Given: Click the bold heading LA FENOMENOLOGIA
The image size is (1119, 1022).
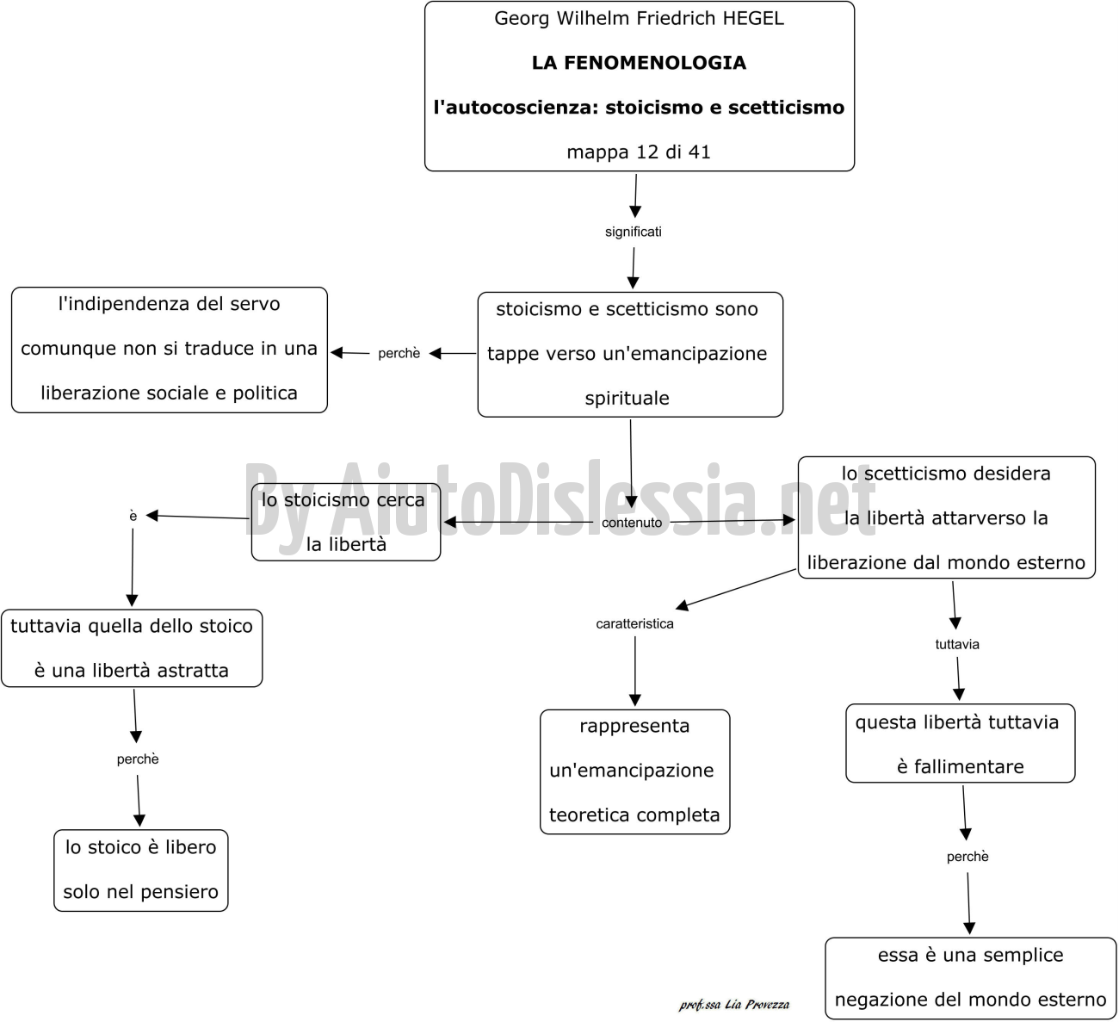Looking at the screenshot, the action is tap(639, 63).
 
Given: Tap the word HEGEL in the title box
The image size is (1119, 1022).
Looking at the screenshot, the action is tap(753, 18).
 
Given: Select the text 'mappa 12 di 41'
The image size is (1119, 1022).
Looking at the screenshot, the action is tap(639, 152).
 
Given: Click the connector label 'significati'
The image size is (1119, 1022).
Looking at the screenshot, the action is tap(634, 232).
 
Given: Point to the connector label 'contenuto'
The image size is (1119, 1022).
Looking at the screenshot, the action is tap(632, 523).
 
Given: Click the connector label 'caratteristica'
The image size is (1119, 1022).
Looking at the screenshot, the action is tap(634, 623).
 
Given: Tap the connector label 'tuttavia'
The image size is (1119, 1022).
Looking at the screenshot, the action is tap(957, 644).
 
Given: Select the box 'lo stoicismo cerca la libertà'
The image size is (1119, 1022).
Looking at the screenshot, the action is tap(346, 522).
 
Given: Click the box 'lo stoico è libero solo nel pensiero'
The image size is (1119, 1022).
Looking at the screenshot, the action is tap(141, 870).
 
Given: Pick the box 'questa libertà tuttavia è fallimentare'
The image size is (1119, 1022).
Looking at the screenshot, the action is tap(960, 744).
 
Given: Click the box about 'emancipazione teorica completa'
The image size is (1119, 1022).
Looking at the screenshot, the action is tap(634, 771).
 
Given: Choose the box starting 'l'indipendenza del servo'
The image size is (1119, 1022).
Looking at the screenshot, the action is tap(169, 350).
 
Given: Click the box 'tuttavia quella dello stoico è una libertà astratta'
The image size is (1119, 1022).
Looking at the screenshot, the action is tap(132, 648).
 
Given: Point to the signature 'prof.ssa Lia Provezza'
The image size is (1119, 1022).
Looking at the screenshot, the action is tap(734, 1005).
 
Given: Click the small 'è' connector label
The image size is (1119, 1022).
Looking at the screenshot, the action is tap(133, 516).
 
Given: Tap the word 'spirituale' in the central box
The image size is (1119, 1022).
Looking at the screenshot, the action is tap(627, 399).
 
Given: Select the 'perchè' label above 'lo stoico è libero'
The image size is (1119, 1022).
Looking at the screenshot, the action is tap(138, 759).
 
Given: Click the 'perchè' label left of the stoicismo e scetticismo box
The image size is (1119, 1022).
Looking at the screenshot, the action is tap(399, 353).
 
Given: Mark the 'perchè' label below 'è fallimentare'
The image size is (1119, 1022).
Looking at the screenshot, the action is tap(968, 856).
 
